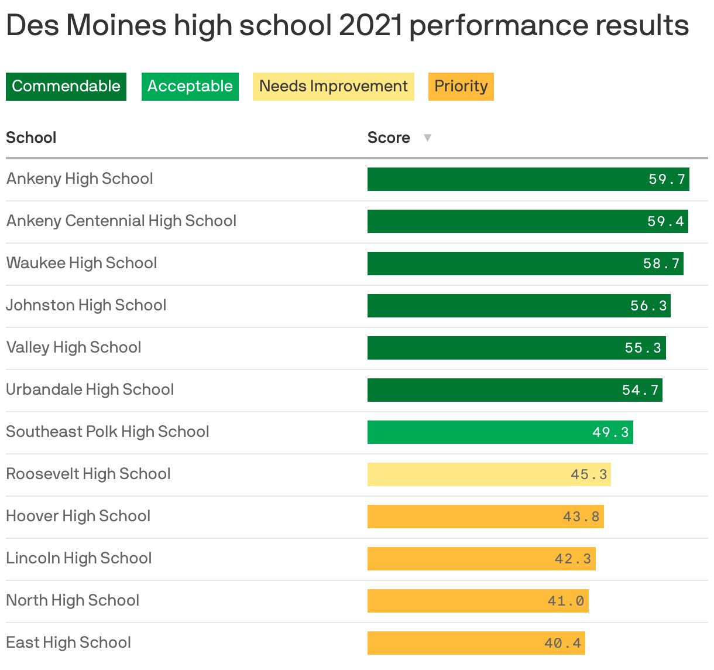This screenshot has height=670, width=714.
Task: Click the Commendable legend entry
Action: (x=66, y=87)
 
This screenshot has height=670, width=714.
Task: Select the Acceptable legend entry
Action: (x=190, y=87)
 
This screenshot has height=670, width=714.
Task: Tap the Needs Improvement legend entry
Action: (x=333, y=87)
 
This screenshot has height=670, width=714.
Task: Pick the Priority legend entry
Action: (x=461, y=87)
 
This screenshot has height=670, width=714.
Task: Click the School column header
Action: (x=31, y=138)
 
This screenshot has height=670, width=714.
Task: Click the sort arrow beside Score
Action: (x=427, y=138)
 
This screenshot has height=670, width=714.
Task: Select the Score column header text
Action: (x=389, y=138)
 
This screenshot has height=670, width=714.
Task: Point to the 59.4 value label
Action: (x=665, y=221)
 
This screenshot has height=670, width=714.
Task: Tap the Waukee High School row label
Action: (x=81, y=263)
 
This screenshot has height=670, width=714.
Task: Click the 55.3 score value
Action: (x=643, y=348)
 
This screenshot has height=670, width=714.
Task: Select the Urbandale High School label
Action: (x=90, y=389)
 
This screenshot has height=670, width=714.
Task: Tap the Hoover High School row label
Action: (x=78, y=516)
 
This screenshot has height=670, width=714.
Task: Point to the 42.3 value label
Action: (x=573, y=559)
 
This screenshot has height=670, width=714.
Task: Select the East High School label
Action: (x=68, y=642)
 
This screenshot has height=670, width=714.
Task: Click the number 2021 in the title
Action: (x=370, y=26)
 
